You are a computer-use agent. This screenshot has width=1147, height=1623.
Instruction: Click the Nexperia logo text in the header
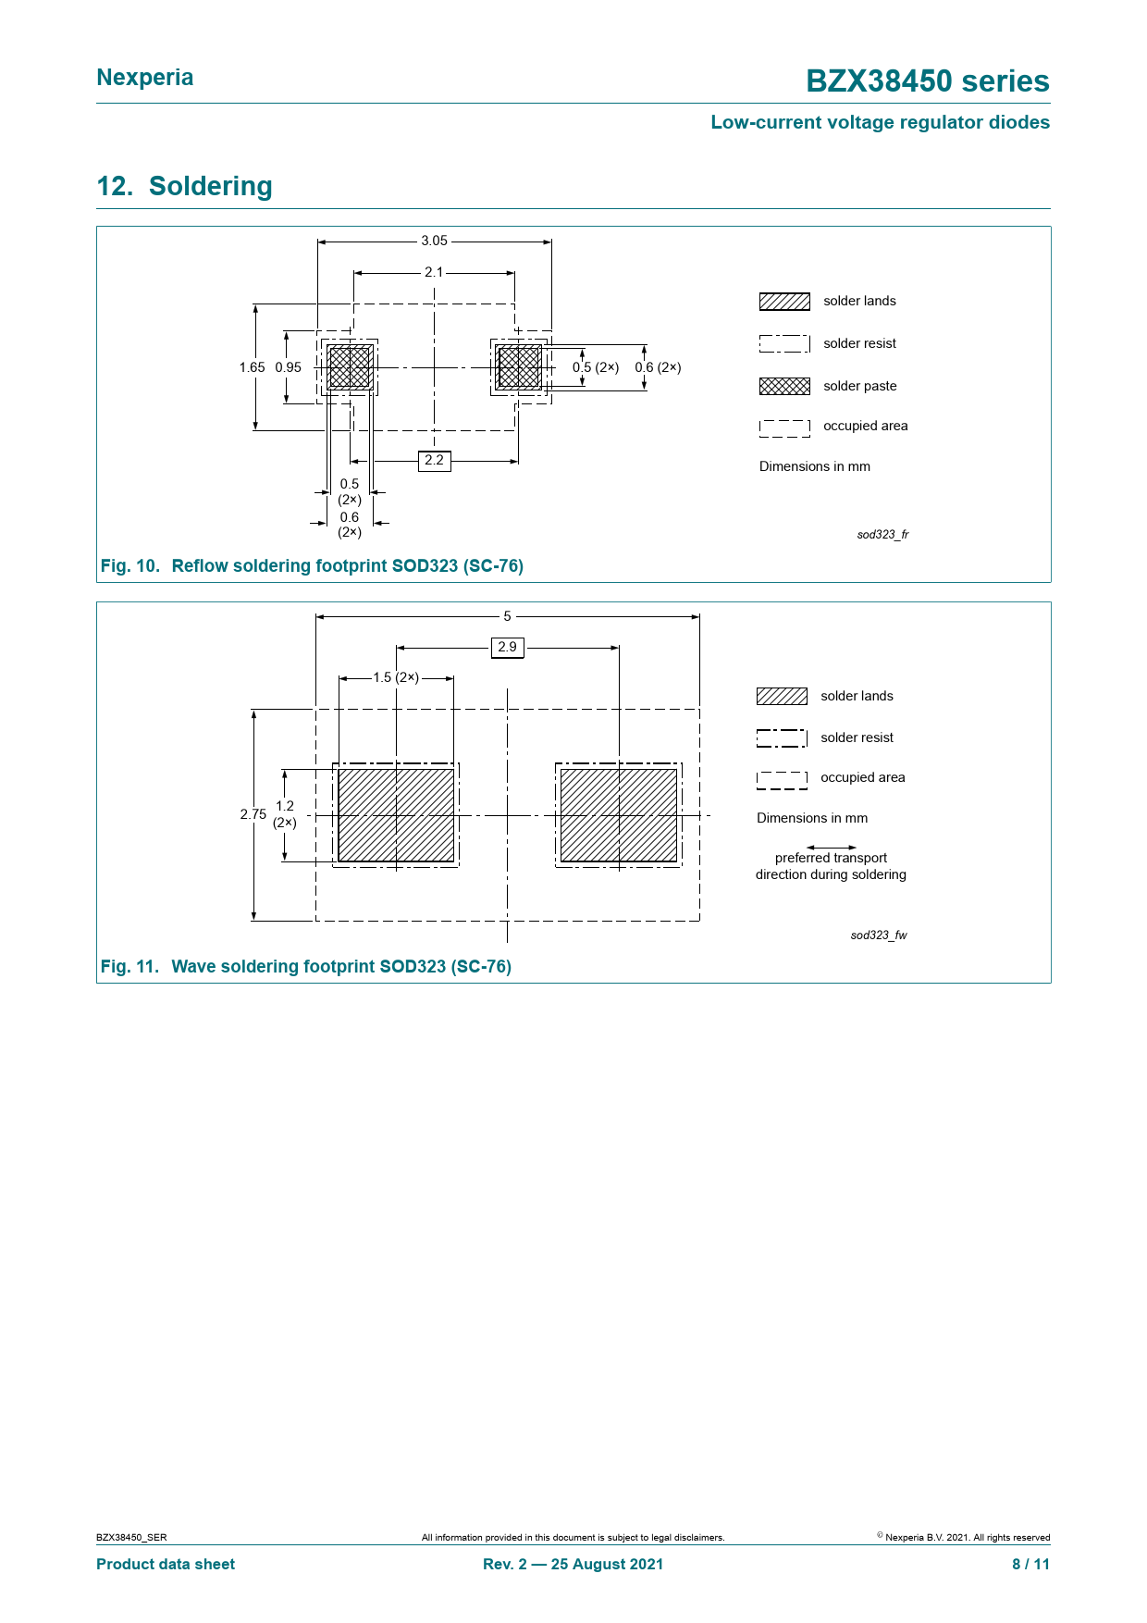point(145,78)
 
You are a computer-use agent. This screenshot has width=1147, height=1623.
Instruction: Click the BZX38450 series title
point(927,81)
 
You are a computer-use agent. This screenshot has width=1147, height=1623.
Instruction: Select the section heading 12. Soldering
point(184,186)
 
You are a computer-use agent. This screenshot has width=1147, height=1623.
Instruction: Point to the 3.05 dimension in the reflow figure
point(434,241)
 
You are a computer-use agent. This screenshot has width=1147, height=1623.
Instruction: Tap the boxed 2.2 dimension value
point(434,460)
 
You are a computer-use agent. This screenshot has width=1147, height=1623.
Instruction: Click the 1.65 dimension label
point(252,367)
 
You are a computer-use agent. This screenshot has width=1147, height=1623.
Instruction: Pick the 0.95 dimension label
point(289,367)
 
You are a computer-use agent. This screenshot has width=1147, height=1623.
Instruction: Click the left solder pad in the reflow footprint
point(350,367)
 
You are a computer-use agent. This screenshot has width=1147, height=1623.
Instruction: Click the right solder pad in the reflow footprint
point(519,367)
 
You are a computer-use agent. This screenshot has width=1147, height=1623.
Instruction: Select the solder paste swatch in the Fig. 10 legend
point(784,386)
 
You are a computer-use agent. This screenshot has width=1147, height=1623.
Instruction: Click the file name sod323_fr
point(882,535)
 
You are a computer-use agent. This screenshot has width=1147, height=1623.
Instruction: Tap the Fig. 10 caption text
point(312,565)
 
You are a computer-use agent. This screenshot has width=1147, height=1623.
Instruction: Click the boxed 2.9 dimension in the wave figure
point(507,647)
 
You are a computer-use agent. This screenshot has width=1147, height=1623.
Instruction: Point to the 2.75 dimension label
point(253,814)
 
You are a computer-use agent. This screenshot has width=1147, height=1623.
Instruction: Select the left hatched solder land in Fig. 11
point(396,815)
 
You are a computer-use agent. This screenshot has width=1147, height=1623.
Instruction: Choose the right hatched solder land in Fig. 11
point(619,815)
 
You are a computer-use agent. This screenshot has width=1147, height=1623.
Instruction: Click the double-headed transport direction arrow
point(831,847)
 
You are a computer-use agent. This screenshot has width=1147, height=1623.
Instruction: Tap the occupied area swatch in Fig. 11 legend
point(782,780)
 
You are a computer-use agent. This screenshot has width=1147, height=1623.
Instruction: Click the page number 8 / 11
point(1030,1564)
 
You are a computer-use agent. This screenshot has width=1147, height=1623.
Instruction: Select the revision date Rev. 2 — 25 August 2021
point(573,1564)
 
